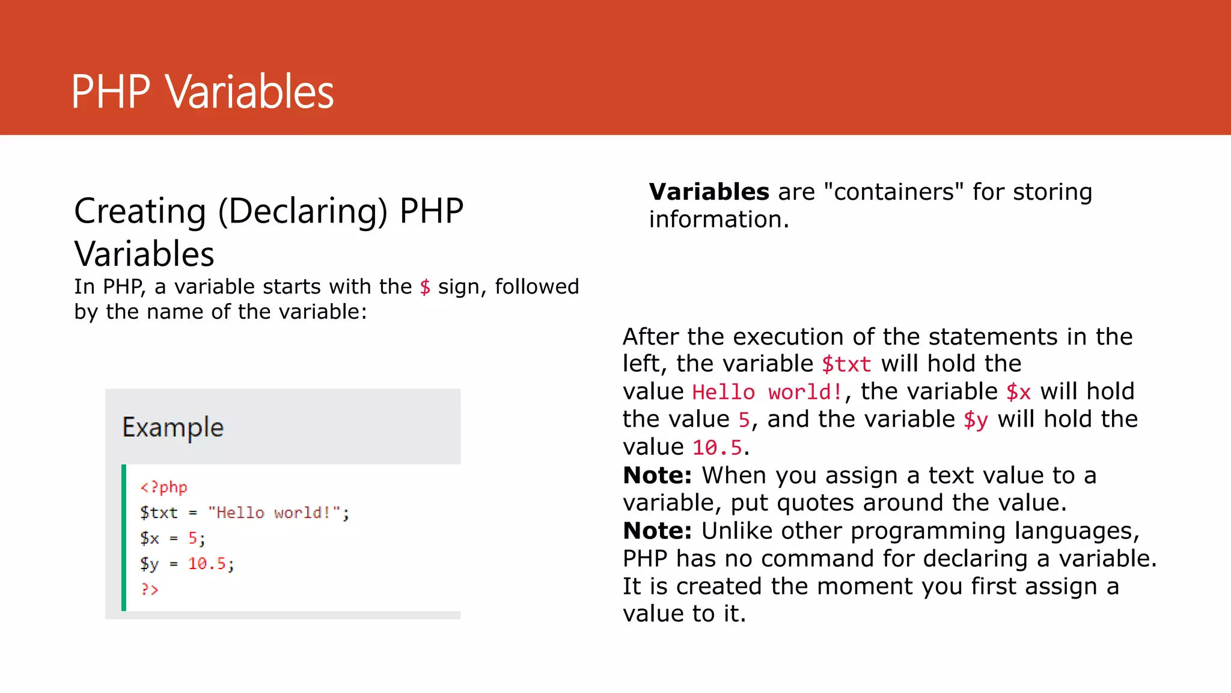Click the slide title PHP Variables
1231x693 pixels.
click(x=202, y=91)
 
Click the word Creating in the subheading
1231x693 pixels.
click(x=140, y=211)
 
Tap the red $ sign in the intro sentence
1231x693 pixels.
click(x=425, y=287)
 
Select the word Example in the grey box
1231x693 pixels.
click(x=173, y=427)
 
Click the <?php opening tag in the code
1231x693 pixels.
click(x=163, y=487)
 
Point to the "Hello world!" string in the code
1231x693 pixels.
click(x=273, y=513)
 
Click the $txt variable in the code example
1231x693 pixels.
click(x=159, y=513)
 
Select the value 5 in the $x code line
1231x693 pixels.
click(x=193, y=538)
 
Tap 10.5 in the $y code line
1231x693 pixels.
click(x=207, y=564)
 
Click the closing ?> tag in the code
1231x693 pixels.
click(x=149, y=590)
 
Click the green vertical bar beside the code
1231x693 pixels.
click(x=124, y=537)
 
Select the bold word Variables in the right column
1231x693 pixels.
click(x=709, y=192)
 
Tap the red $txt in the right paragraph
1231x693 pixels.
click(x=846, y=364)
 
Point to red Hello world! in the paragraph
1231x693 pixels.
click(x=767, y=392)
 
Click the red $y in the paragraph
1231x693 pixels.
click(x=975, y=420)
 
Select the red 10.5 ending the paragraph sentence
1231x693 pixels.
click(x=717, y=448)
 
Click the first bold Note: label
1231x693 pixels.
click(x=657, y=475)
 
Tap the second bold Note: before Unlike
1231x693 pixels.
click(x=657, y=531)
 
